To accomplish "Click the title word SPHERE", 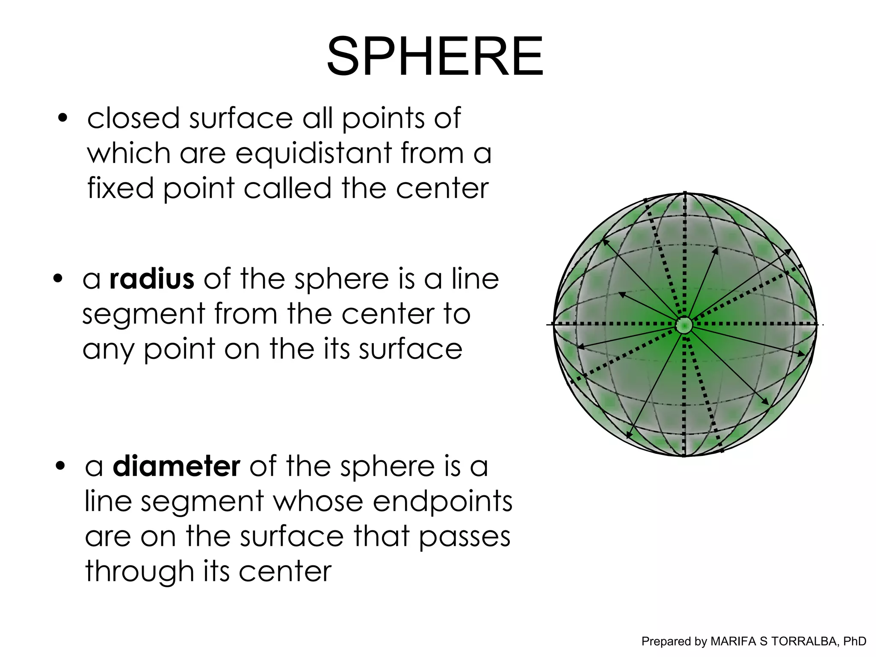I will point(435,56).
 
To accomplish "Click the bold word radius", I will point(152,279).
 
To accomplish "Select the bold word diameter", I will point(176,466).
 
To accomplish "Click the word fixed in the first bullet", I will point(120,188).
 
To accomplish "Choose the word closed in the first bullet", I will point(133,118).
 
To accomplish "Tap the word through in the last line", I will point(139,572).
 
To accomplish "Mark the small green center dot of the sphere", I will point(684,325).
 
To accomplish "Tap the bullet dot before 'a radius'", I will point(59,279).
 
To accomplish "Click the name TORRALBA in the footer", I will point(800,641).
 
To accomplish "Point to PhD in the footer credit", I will point(854,641).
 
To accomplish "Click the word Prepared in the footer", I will point(668,641).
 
